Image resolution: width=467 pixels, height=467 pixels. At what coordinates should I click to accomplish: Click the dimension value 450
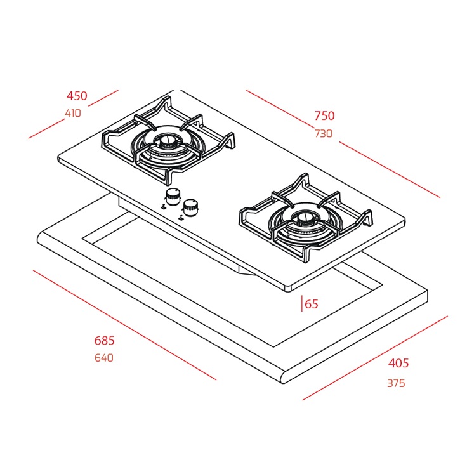[x=77, y=96]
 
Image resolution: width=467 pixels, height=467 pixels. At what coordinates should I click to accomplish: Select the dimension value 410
[x=73, y=114]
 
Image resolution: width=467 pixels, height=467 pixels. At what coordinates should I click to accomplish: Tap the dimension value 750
[x=324, y=115]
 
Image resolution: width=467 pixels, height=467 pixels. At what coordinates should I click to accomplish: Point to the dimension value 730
[x=324, y=134]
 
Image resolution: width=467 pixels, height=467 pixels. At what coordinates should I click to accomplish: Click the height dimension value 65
[x=312, y=304]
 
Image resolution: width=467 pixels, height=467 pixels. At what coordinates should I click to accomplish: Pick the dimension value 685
[x=104, y=341]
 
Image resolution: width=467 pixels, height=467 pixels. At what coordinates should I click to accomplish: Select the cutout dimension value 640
[x=103, y=358]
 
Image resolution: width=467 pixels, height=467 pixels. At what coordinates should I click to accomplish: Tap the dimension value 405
[x=398, y=364]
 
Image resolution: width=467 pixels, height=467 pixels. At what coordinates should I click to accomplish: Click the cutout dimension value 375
[x=396, y=383]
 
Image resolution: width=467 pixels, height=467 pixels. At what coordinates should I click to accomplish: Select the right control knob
[x=190, y=206]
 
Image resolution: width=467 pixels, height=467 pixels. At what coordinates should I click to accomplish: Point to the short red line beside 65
[x=302, y=304]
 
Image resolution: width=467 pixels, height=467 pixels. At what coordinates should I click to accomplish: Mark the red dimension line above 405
[x=374, y=358]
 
